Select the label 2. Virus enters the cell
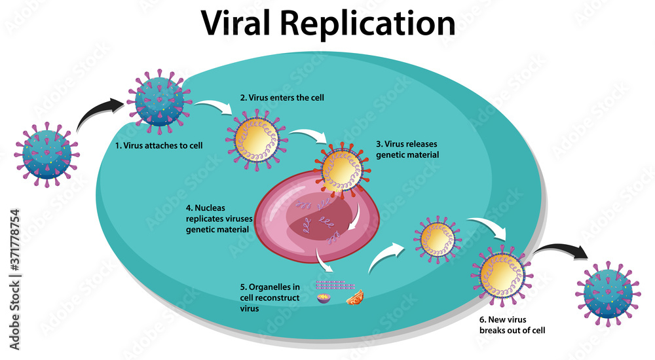(x=282, y=98)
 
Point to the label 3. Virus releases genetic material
(x=407, y=149)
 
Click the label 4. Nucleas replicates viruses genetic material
(x=216, y=219)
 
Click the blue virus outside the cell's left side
(x=47, y=152)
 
